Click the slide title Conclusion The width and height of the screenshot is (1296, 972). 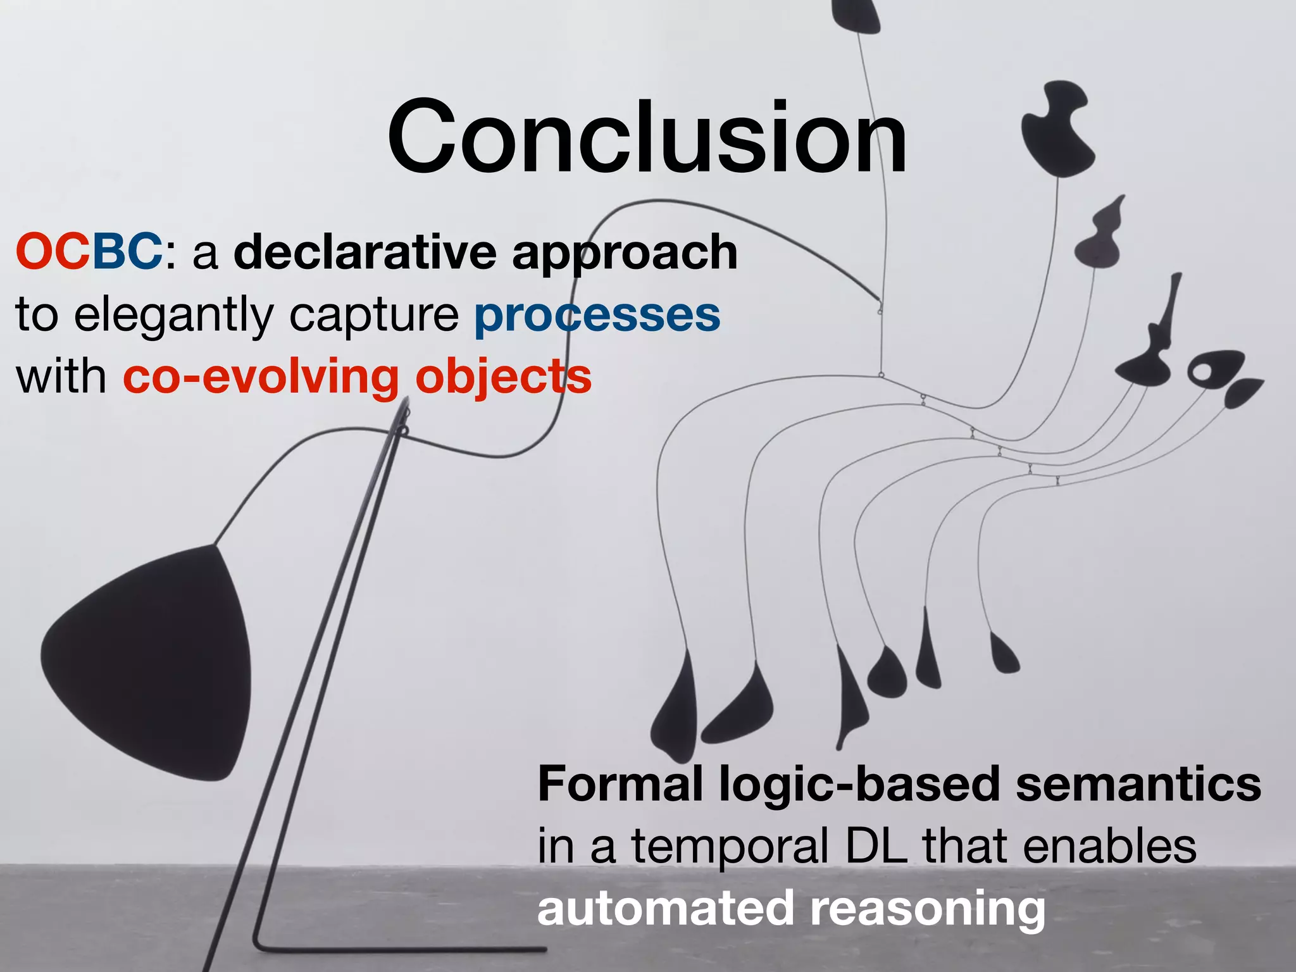point(647,137)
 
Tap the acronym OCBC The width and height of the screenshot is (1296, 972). point(89,252)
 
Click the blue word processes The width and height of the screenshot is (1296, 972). point(597,315)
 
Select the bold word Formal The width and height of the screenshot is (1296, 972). point(620,783)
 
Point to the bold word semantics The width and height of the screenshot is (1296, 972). point(1138,783)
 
